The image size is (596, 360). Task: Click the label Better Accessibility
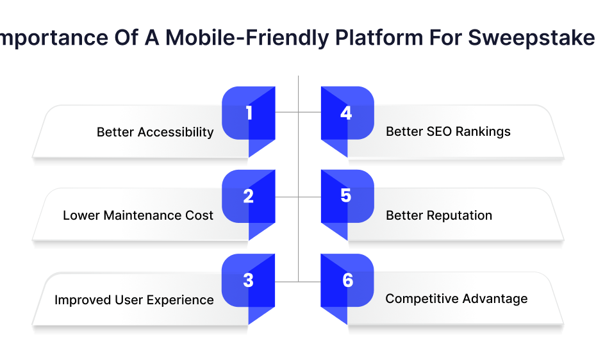point(155,132)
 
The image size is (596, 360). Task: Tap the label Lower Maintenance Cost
point(138,215)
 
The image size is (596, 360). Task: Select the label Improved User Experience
point(134,300)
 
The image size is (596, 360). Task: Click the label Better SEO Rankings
point(448,131)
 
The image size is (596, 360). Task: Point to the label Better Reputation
point(439,215)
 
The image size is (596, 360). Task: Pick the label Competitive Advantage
point(456,299)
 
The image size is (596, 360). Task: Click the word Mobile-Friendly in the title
point(247,38)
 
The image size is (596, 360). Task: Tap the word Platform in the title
point(379,38)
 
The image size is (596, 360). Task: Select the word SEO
point(440,131)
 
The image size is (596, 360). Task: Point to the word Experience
point(180,300)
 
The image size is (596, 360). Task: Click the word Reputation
point(459,216)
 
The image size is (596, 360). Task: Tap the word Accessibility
point(176,132)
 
